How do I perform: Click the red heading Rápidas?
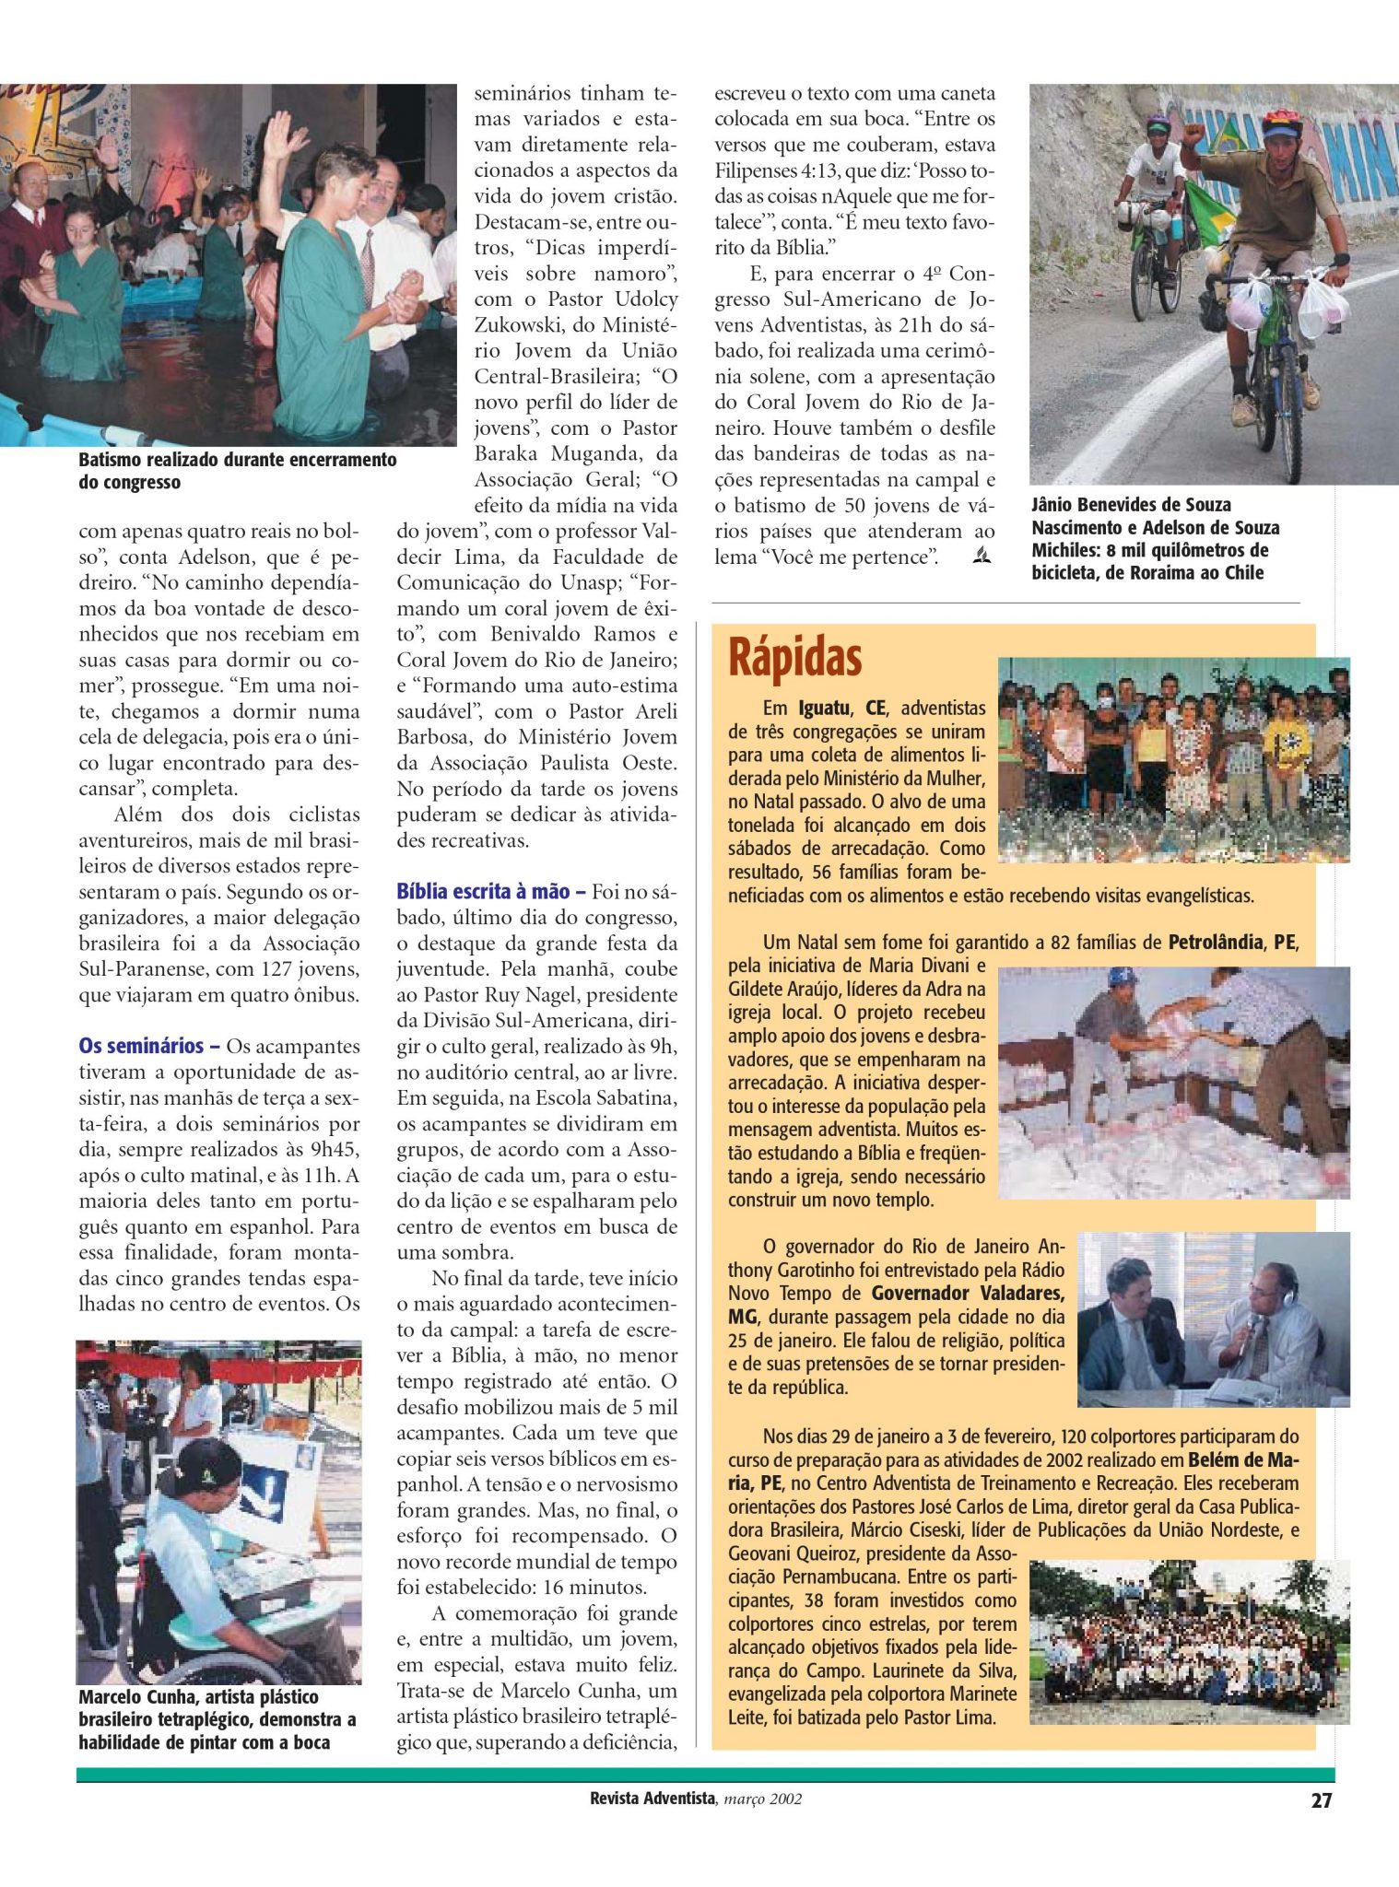pyautogui.click(x=794, y=657)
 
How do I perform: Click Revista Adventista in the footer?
pyautogui.click(x=652, y=1798)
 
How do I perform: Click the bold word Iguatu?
pyautogui.click(x=823, y=709)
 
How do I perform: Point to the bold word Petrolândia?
pyautogui.click(x=1215, y=943)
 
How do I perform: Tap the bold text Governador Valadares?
pyautogui.click(x=968, y=1293)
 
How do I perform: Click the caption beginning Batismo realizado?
pyautogui.click(x=237, y=471)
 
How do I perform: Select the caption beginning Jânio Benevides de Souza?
pyautogui.click(x=1155, y=538)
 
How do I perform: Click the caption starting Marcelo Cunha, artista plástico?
pyautogui.click(x=217, y=1719)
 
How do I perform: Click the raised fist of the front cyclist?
pyautogui.click(x=1195, y=131)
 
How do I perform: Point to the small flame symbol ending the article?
pyautogui.click(x=982, y=556)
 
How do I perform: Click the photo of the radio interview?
pyautogui.click(x=1213, y=1319)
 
